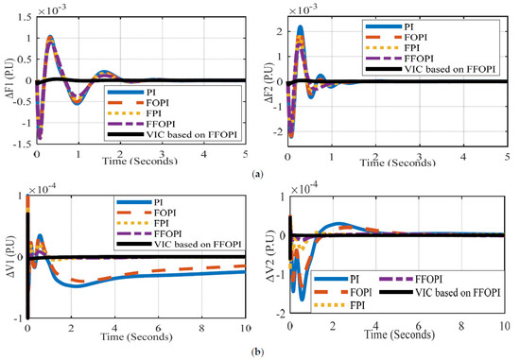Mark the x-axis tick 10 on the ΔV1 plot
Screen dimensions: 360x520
245,328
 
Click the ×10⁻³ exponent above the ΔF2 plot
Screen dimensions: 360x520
307,8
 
